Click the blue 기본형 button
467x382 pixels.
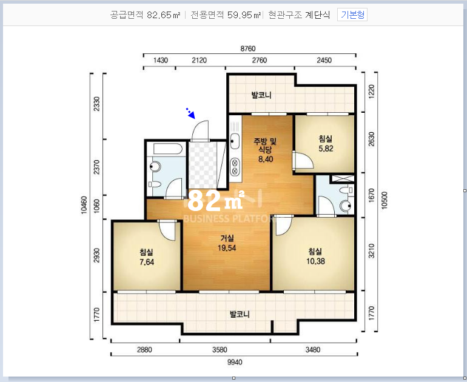click(352, 15)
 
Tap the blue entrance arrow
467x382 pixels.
click(190, 113)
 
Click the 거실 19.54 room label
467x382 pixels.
click(227, 243)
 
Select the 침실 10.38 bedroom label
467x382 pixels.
click(315, 256)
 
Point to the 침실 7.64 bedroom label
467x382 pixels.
click(147, 257)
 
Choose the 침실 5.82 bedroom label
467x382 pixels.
click(326, 144)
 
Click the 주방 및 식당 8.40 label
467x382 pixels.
click(266, 150)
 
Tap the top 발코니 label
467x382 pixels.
click(261, 95)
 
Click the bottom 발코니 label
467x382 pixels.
click(240, 314)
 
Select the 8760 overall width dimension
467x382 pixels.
click(248, 49)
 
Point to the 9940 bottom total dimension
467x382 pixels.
click(235, 362)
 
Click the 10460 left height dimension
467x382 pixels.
click(84, 205)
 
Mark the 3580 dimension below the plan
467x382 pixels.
click(220, 349)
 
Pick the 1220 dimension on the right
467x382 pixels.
click(371, 92)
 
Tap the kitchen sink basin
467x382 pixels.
click(235, 141)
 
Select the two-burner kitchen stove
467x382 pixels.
click(235, 167)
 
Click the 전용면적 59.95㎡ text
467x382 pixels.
click(226, 15)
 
